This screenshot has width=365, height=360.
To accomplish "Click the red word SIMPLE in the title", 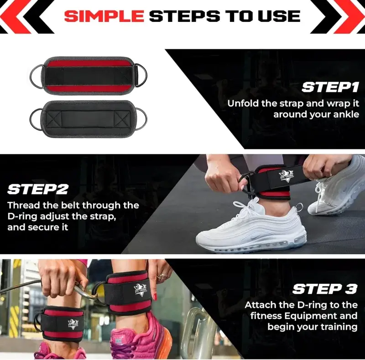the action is [x=104, y=16].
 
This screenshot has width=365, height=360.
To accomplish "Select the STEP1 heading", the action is [x=330, y=87].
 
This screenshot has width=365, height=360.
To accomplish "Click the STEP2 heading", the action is [x=38, y=189].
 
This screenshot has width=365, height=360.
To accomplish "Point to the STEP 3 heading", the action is [x=325, y=289].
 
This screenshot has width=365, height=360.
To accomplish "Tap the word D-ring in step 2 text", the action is [x=22, y=216].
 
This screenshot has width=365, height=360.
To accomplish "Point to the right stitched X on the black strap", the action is [x=122, y=119].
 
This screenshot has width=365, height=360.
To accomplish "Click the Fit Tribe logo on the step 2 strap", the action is [x=286, y=176].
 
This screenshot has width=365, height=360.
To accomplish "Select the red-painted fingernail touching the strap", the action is [x=155, y=297].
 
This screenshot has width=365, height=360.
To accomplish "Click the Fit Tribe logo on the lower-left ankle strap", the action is [x=73, y=324].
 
